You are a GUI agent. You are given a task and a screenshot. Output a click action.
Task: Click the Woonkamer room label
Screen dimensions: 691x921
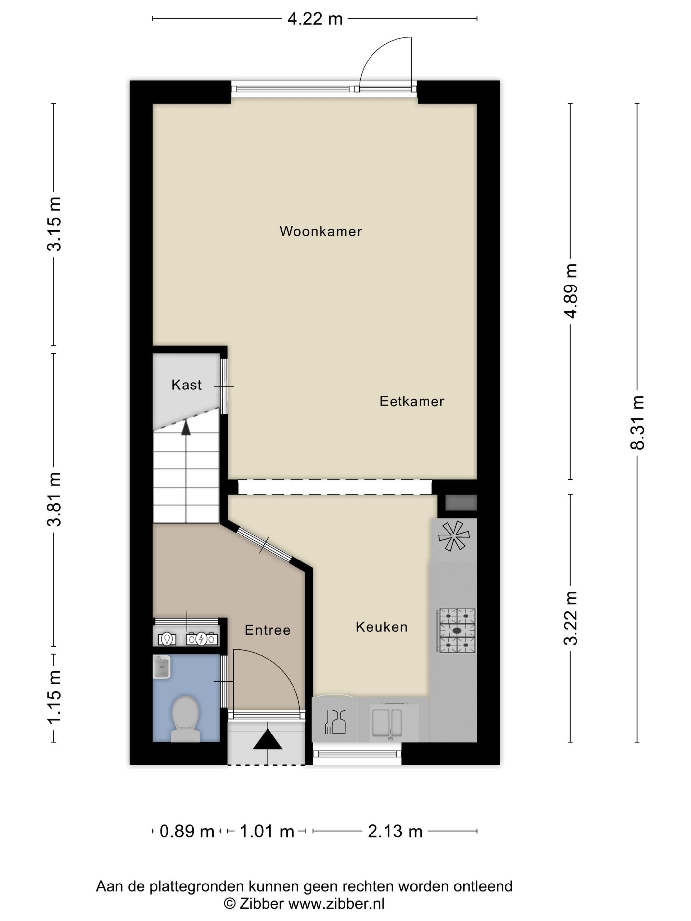tap(321, 231)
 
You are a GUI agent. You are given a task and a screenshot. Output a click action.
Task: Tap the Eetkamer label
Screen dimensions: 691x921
tap(412, 401)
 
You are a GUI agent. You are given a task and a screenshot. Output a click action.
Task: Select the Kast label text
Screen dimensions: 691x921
tap(187, 385)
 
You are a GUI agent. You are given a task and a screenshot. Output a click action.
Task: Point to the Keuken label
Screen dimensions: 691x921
tap(381, 627)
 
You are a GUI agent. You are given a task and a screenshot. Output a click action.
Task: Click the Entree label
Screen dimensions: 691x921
tap(268, 630)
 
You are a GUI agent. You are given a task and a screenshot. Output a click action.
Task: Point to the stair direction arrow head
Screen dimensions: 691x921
tap(186, 428)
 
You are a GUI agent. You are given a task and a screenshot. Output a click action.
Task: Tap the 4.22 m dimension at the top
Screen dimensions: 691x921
tap(315, 19)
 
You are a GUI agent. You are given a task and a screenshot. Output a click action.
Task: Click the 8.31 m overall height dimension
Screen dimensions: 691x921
tap(637, 422)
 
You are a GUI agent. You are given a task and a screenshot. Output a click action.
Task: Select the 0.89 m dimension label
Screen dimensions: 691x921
tap(187, 831)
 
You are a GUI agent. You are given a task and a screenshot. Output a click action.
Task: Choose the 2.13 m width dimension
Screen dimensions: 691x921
tap(395, 831)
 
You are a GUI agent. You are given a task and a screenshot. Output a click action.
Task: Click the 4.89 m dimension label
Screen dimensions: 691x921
tap(571, 291)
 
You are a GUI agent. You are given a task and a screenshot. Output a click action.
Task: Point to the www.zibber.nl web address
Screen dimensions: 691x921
tap(337, 903)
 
